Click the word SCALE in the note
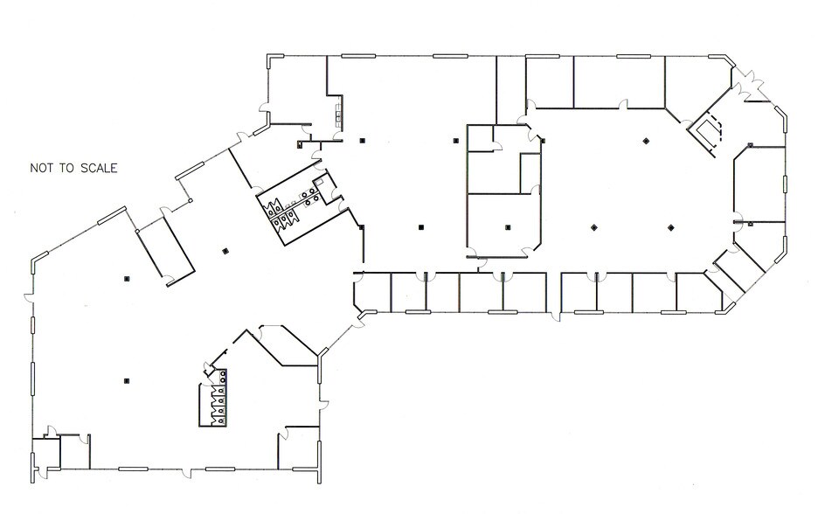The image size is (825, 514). pyautogui.click(x=99, y=169)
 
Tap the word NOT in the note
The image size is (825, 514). pyautogui.click(x=42, y=169)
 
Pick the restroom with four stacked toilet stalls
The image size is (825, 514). pyautogui.click(x=213, y=399)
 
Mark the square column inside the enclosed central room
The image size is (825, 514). pyautogui.click(x=508, y=227)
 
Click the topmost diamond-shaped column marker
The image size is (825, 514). pyautogui.click(x=646, y=141)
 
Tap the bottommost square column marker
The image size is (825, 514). pyautogui.click(x=126, y=381)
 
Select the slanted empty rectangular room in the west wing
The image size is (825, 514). pyautogui.click(x=166, y=252)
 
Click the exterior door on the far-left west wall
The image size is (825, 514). pyautogui.click(x=29, y=298)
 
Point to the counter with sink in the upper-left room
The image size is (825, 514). pyautogui.click(x=337, y=115)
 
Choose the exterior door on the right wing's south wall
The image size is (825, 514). pyautogui.click(x=555, y=316)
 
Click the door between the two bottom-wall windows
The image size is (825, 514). pyautogui.click(x=187, y=472)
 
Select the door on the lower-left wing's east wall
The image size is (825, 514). pyautogui.click(x=323, y=405)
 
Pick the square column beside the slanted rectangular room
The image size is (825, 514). pyautogui.click(x=225, y=251)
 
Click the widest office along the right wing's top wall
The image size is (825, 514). pyautogui.click(x=620, y=82)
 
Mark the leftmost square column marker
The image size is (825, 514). pyautogui.click(x=126, y=279)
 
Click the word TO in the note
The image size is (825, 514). pyautogui.click(x=67, y=169)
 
